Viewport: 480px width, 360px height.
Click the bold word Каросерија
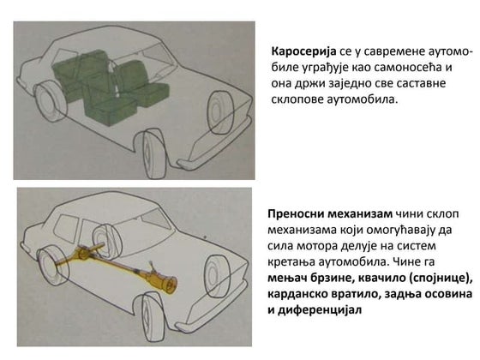(x=303, y=51)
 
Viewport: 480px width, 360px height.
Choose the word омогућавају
(x=398, y=231)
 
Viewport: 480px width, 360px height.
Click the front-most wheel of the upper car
(x=156, y=154)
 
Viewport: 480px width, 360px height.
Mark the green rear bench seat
(x=79, y=68)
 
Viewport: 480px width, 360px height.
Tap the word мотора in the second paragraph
(x=315, y=246)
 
